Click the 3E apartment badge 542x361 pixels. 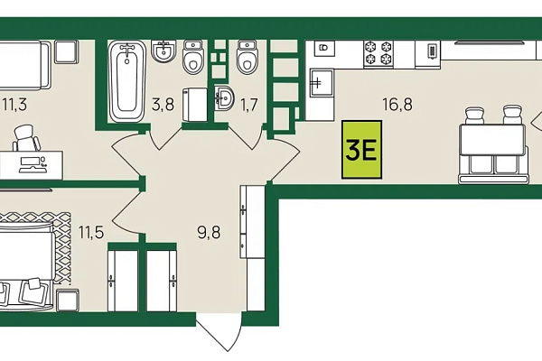(361, 149)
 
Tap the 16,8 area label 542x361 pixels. (397, 104)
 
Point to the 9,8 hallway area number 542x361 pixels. (209, 232)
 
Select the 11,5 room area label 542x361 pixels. (91, 232)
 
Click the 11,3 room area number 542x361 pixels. (14, 104)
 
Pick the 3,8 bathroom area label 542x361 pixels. (163, 104)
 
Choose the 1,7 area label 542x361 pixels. (249, 105)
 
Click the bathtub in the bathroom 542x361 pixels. (127, 81)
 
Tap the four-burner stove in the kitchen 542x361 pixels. (378, 53)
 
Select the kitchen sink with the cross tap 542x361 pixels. (321, 83)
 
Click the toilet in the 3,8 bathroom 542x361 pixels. (193, 57)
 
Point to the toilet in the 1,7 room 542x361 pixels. (248, 57)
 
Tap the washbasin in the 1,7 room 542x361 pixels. (224, 97)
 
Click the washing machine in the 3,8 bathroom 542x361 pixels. (195, 105)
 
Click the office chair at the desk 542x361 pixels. (26, 138)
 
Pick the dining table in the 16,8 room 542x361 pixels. (492, 140)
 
